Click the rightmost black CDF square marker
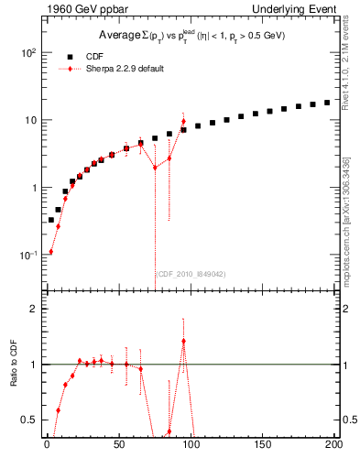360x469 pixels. coord(327,103)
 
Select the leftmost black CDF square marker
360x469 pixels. coord(51,220)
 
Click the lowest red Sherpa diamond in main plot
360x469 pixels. coord(51,252)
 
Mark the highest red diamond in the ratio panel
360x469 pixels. coord(183,342)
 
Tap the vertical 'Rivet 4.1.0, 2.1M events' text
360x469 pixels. coord(349,64)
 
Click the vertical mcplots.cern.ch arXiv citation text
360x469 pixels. coord(349,212)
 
